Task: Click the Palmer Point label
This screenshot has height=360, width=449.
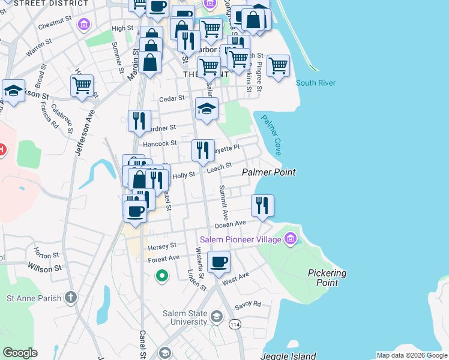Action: pyautogui.click(x=269, y=172)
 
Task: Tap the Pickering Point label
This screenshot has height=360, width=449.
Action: pyautogui.click(x=327, y=277)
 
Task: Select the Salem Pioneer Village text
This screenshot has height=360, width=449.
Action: pyautogui.click(x=241, y=239)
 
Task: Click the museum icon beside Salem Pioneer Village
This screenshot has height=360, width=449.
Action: pyautogui.click(x=291, y=239)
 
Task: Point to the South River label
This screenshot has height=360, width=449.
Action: pyautogui.click(x=316, y=83)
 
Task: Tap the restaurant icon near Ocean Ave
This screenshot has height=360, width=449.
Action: pyautogui.click(x=262, y=205)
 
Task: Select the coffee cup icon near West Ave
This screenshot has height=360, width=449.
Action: pyautogui.click(x=218, y=261)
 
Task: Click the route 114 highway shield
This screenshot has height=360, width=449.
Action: pyautogui.click(x=234, y=325)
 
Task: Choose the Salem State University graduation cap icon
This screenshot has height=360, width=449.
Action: pyautogui.click(x=216, y=316)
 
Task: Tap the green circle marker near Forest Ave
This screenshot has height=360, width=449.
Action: pyautogui.click(x=161, y=276)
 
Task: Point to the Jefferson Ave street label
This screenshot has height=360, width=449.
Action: pyautogui.click(x=83, y=133)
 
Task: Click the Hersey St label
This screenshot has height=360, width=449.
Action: pyautogui.click(x=162, y=245)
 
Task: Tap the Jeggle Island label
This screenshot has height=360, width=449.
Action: pyautogui.click(x=288, y=356)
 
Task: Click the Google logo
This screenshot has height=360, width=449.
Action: pyautogui.click(x=20, y=352)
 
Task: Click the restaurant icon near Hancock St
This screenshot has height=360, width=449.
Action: pyautogui.click(x=203, y=149)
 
